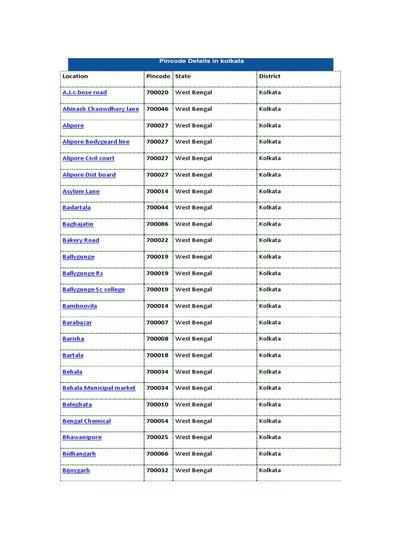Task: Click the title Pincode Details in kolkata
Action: [x=201, y=61]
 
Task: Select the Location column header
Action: [x=75, y=76]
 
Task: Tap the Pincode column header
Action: [x=158, y=76]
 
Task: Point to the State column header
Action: [x=183, y=76]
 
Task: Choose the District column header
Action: [x=269, y=76]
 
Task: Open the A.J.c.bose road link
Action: [x=85, y=92]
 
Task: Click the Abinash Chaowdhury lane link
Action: [x=101, y=109]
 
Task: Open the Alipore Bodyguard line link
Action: [x=96, y=142]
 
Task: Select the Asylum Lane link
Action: [x=81, y=191]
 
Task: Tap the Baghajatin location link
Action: [x=78, y=224]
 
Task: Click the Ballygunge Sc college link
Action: [x=93, y=289]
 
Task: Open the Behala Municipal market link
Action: [x=99, y=388]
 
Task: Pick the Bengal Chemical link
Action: [x=87, y=421]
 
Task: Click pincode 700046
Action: [x=157, y=109]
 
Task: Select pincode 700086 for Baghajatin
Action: [x=157, y=224]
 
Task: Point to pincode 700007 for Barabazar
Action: [x=157, y=323]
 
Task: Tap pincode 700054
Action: [x=157, y=421]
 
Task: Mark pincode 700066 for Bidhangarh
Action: [x=157, y=454]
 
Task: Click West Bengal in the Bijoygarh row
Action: [x=194, y=470]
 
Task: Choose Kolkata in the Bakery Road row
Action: [x=270, y=240]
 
